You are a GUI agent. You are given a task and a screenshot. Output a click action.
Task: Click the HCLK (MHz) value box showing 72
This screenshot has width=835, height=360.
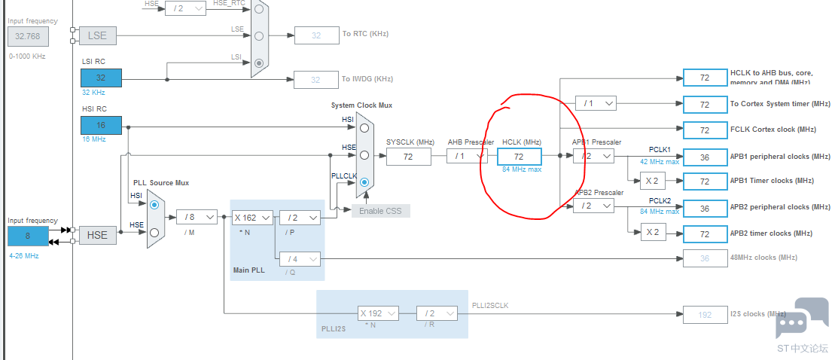point(519,157)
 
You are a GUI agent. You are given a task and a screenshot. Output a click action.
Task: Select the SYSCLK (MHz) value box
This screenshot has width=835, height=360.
point(409,157)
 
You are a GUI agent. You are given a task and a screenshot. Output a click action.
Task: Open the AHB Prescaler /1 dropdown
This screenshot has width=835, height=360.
point(467,157)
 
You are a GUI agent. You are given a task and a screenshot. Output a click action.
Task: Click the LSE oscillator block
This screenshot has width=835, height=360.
point(97,35)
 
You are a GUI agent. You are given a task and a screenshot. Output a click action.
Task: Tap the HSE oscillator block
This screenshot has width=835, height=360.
point(97,235)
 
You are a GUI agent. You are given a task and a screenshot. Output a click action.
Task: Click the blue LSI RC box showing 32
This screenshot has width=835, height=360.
point(101,78)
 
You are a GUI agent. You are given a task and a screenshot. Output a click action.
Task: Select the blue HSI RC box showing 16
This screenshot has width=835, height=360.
point(101,126)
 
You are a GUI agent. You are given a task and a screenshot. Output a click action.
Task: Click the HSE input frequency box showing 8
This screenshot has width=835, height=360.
point(28,236)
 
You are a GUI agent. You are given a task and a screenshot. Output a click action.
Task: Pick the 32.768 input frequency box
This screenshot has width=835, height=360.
point(28,35)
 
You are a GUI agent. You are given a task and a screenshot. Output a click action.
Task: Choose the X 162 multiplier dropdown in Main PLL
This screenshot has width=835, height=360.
point(251,218)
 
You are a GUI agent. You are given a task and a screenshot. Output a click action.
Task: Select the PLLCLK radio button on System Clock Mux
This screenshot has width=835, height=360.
point(364,182)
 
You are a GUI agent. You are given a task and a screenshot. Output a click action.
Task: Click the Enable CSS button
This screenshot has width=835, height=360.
point(380,210)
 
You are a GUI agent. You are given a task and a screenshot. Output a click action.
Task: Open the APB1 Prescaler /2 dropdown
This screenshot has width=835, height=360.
point(593,157)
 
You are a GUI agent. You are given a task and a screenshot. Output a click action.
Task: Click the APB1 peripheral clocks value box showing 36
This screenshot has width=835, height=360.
point(705,157)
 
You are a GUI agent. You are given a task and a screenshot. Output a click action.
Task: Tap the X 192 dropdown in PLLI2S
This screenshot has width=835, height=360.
point(377,313)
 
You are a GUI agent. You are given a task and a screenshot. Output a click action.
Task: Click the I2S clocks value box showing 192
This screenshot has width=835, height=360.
point(705,315)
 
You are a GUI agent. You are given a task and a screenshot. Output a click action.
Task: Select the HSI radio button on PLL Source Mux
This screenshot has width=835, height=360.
point(154,204)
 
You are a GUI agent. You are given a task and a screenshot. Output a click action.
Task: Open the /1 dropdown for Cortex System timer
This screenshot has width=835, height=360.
point(596,103)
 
